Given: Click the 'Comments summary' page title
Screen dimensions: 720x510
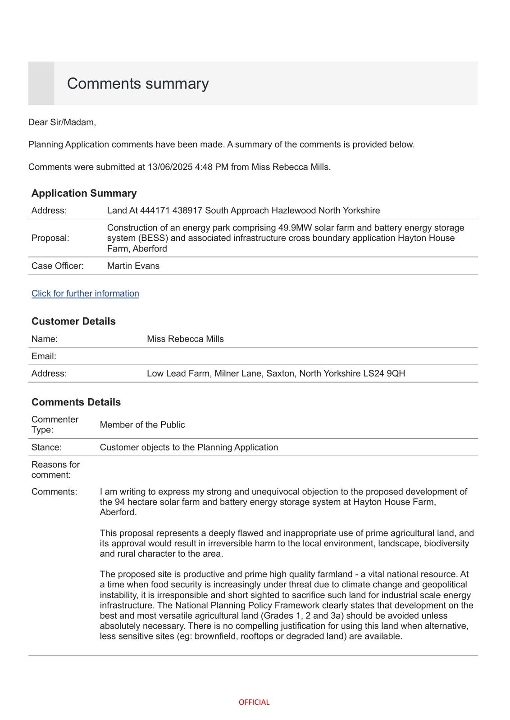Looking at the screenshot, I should (138, 84).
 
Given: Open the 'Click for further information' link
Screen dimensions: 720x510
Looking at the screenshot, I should (85, 293).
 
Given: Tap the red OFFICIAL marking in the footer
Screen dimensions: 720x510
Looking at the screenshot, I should (254, 702).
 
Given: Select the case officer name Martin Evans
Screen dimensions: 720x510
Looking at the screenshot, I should (133, 266).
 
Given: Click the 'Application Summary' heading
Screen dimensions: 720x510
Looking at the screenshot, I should (84, 193).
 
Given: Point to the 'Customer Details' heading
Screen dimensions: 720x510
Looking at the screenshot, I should (73, 321).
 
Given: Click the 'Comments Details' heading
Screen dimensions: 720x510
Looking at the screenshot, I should (76, 402).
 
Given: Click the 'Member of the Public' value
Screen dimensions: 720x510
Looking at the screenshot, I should (142, 425).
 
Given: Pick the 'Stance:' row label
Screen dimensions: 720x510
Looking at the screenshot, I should (46, 447).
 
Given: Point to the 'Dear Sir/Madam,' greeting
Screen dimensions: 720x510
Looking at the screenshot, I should (62, 122).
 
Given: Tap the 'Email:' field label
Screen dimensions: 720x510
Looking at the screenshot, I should (44, 356).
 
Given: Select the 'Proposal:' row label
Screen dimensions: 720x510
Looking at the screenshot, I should (50, 238).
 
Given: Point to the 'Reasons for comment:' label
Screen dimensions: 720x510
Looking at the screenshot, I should (55, 469).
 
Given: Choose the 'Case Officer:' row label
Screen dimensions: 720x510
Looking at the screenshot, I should (58, 266).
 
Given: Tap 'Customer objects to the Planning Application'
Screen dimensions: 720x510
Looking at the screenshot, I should (189, 447).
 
